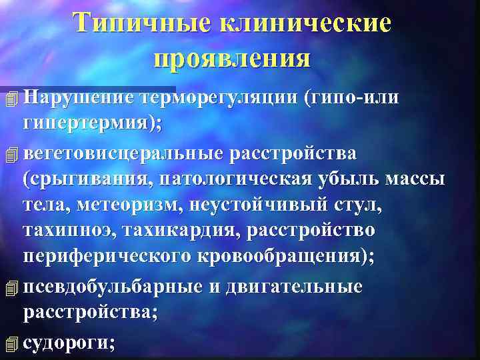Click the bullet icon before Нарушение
click(x=9, y=99)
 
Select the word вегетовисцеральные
click(x=123, y=153)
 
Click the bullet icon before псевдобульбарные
click(x=9, y=288)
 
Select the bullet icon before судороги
click(x=9, y=343)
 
